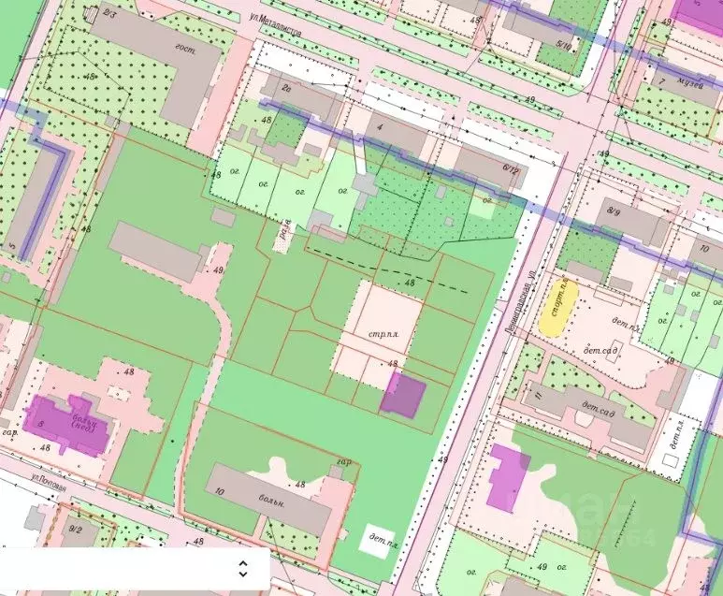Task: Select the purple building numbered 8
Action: tap(68, 425)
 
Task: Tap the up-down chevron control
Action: tap(242, 569)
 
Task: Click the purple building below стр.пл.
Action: tap(403, 394)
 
